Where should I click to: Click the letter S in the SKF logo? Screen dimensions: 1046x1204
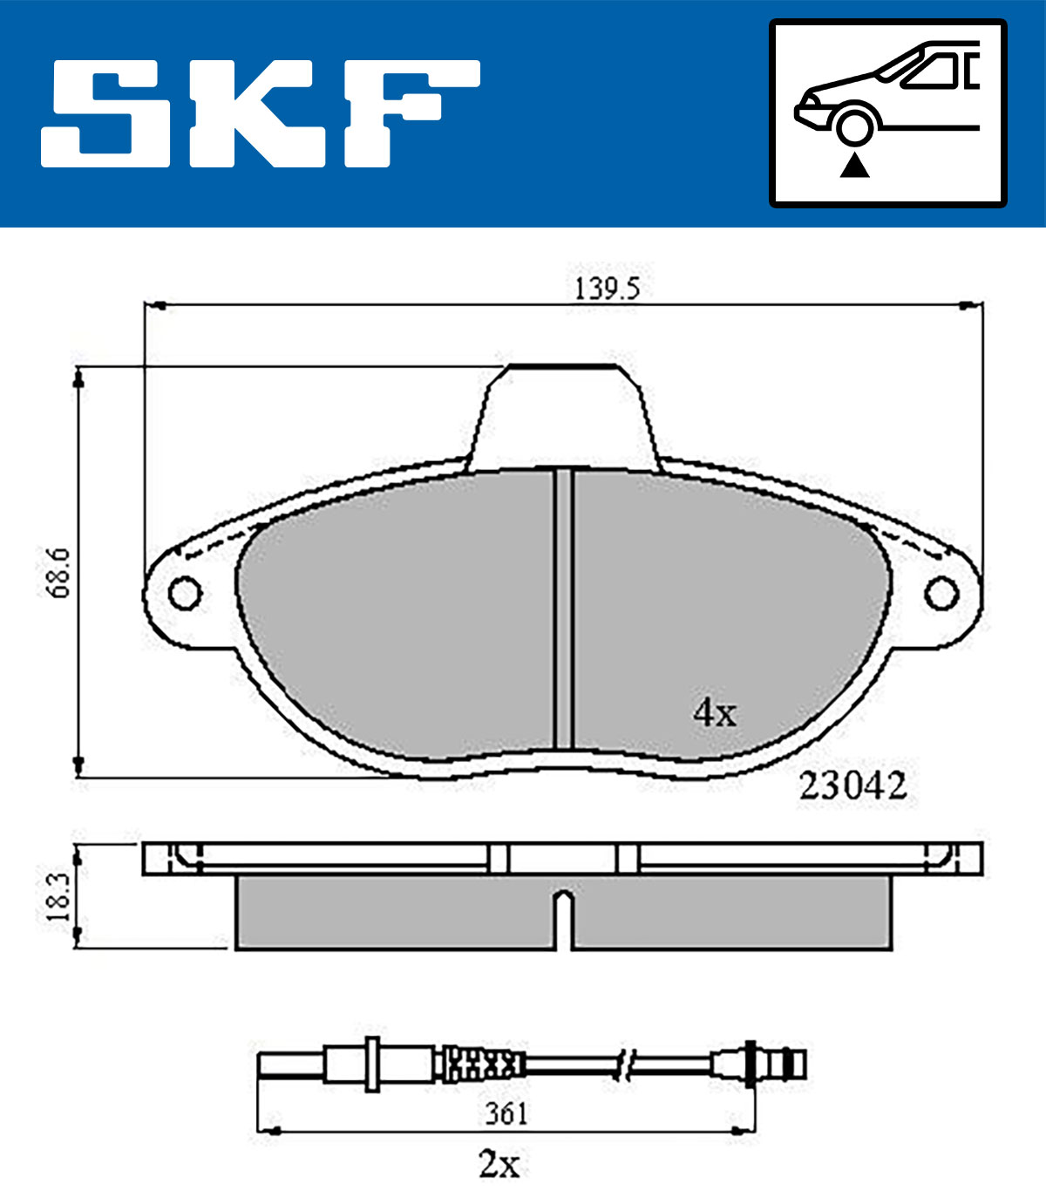105,113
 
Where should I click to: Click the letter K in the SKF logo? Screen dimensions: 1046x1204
258,113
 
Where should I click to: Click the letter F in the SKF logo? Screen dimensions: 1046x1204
411,113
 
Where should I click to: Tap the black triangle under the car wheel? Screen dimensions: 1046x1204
854,166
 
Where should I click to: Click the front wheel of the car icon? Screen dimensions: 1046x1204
854,128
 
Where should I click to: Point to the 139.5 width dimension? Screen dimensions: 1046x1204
606,289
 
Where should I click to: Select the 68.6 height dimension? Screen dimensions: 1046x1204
59,573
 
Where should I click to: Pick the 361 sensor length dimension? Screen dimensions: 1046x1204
506,1113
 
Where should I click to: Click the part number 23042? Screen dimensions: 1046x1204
852,786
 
